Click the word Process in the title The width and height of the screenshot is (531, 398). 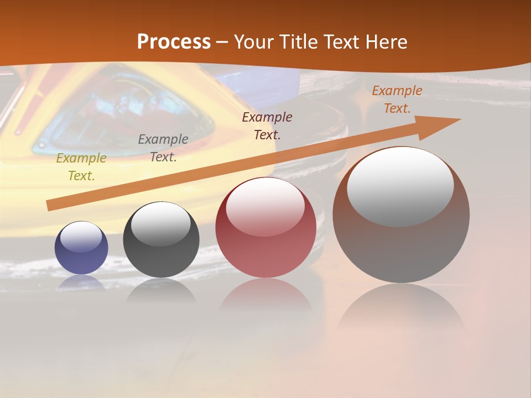point(174,42)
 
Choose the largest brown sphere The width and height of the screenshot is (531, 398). point(401,243)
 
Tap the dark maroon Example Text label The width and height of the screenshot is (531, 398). point(267,125)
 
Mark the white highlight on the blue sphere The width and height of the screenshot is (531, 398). point(81,237)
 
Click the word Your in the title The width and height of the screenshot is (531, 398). point(256,42)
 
